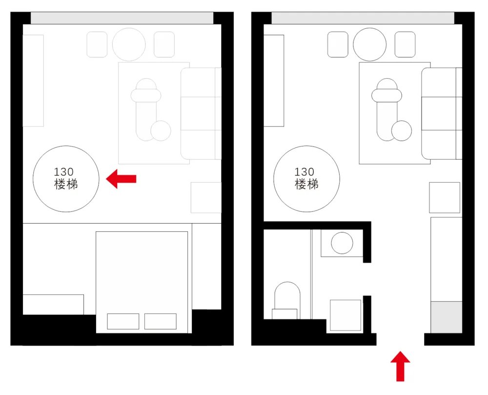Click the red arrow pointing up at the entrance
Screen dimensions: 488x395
click(400, 366)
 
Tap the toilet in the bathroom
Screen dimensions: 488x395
click(287, 300)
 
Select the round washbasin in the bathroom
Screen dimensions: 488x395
click(342, 243)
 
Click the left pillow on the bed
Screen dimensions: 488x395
click(123, 321)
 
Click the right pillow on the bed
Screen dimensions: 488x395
click(160, 321)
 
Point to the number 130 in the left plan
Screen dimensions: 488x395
click(64, 172)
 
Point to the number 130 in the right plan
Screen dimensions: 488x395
click(305, 172)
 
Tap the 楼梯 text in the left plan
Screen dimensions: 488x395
click(66, 184)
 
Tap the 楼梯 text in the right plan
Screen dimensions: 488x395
click(306, 184)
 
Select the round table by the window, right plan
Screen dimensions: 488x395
click(370, 44)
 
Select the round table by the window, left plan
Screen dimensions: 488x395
click(129, 44)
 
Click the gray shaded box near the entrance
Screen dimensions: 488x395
click(447, 317)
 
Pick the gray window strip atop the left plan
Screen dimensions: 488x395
click(122, 18)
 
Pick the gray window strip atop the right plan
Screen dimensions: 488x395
click(363, 18)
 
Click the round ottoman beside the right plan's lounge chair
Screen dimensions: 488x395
click(402, 131)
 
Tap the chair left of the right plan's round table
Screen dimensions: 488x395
click(338, 44)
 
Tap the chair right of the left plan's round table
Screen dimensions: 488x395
click(164, 44)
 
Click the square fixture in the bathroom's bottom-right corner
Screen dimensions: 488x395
click(346, 315)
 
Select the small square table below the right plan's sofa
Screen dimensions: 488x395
click(445, 198)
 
